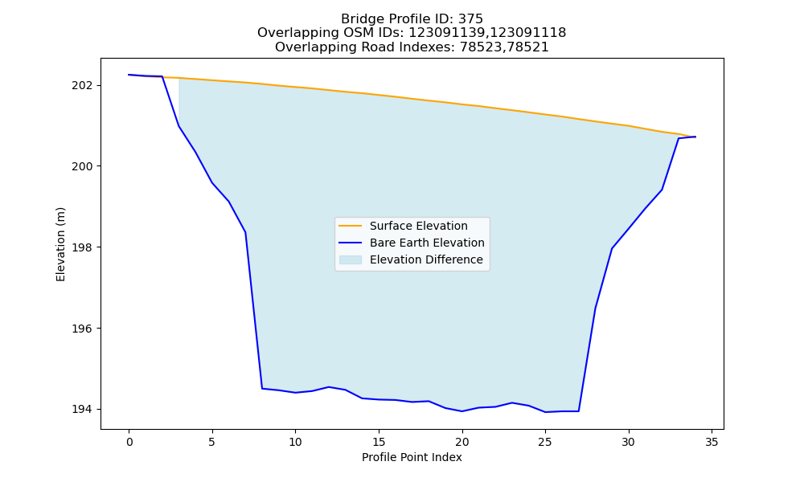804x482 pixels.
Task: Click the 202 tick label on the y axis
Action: [x=82, y=85]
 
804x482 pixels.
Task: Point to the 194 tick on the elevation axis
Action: [x=82, y=409]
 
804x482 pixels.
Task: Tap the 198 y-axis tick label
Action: [x=82, y=247]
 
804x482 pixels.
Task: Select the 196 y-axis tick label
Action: [x=82, y=329]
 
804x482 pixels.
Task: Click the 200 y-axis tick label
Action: [x=82, y=166]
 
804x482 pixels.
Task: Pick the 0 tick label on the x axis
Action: [x=129, y=442]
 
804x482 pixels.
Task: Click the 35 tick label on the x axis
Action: [x=712, y=442]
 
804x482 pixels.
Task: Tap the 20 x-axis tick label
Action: [x=462, y=442]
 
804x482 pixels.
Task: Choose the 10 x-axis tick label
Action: [x=295, y=442]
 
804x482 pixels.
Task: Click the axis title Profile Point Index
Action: [x=412, y=457]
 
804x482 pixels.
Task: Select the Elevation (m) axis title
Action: [x=61, y=244]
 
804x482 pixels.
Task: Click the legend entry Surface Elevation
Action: [x=418, y=226]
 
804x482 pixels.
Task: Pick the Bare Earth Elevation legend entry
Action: [x=427, y=243]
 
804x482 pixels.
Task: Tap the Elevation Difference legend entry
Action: [x=426, y=259]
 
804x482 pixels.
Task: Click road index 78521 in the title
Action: [x=528, y=47]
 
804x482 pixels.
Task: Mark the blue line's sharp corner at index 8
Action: [x=262, y=388]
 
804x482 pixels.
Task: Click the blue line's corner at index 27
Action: [x=578, y=411]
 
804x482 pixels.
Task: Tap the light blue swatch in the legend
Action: [x=351, y=259]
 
